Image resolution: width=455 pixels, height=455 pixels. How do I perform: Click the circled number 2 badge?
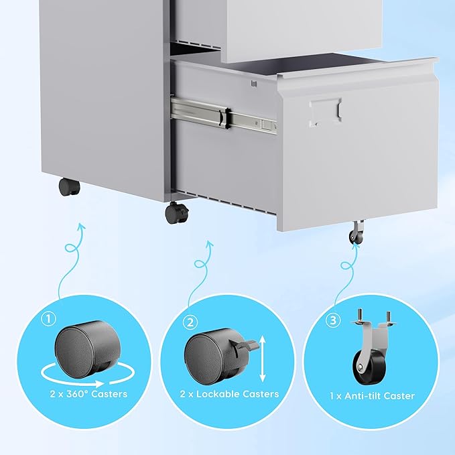191,323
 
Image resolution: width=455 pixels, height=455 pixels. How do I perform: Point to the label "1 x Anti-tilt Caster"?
373,395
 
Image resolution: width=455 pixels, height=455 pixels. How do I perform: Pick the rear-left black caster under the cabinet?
68,187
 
